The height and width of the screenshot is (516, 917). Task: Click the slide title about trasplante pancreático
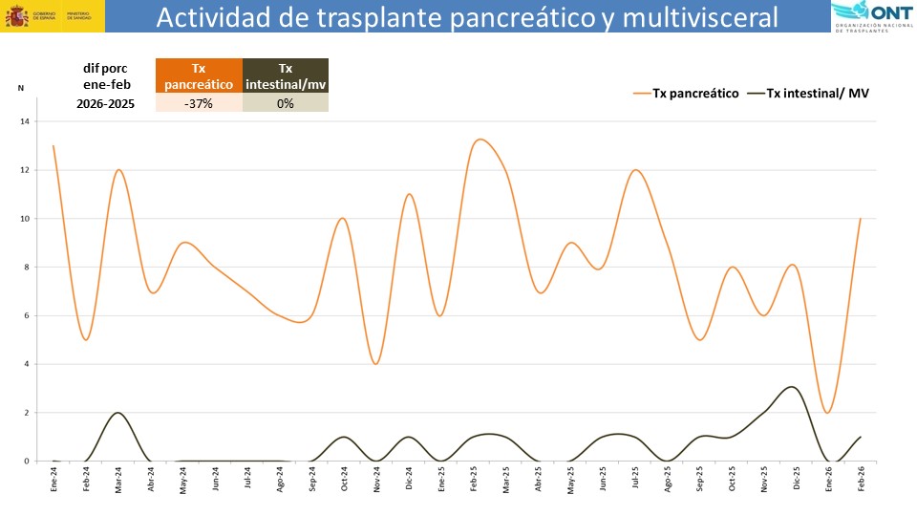click(466, 17)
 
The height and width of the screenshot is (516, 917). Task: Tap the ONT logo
click(870, 17)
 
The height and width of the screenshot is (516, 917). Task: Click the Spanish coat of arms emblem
click(17, 16)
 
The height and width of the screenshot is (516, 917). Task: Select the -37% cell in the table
click(199, 103)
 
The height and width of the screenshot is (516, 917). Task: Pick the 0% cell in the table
click(285, 103)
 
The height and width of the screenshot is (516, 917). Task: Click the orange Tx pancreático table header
click(199, 76)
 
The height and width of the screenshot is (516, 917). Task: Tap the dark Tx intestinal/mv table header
click(285, 76)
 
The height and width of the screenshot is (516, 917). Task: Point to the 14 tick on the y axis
click(25, 121)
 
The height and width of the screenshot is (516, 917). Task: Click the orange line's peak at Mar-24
click(117, 170)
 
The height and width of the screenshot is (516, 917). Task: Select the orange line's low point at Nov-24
click(376, 364)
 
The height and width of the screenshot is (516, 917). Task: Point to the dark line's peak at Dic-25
click(791, 387)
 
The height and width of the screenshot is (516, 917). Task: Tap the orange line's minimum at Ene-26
click(827, 412)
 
